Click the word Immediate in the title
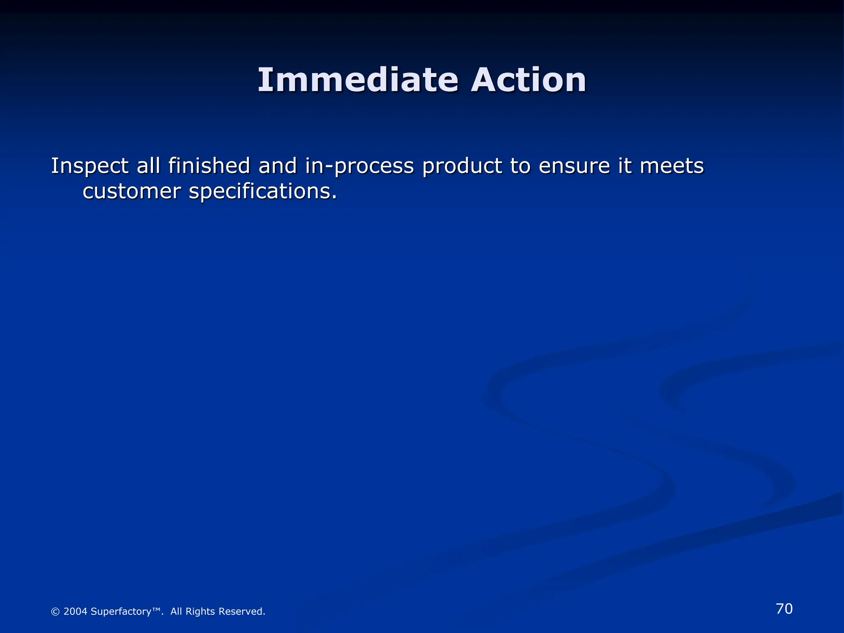tap(358, 80)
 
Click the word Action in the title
tap(528, 80)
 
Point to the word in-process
tap(359, 166)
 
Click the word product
tap(462, 166)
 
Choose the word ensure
tap(574, 166)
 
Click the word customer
tap(132, 192)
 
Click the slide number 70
tap(784, 609)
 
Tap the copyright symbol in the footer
tap(55, 612)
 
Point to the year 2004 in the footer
tap(75, 612)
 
